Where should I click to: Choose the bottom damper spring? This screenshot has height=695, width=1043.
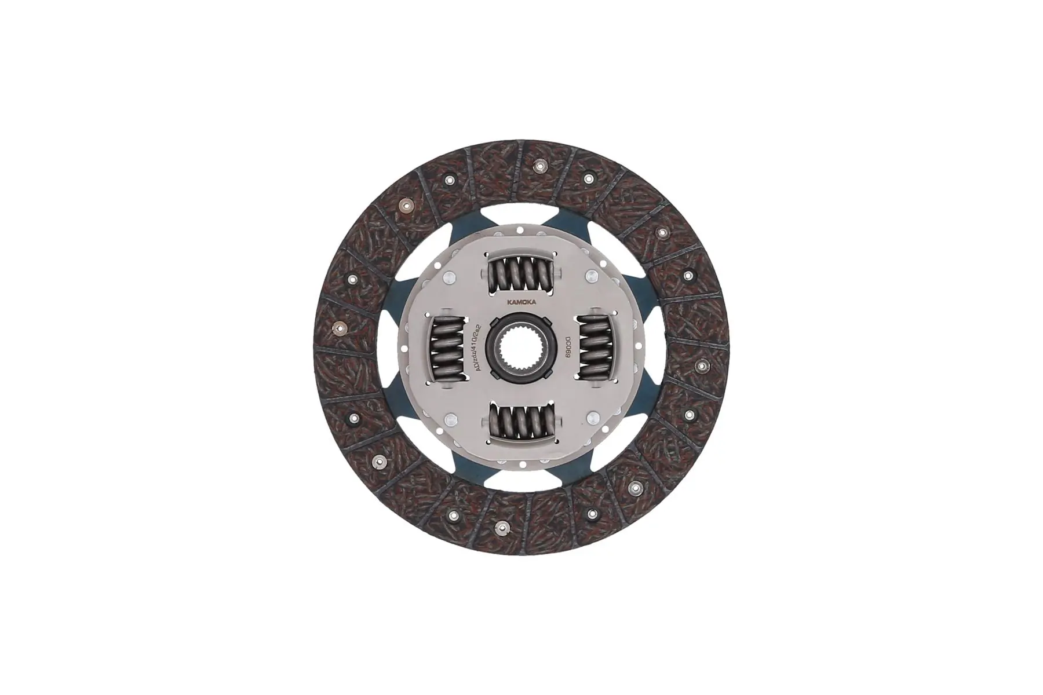point(521,427)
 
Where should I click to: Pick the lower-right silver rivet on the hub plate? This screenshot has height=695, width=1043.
point(592,418)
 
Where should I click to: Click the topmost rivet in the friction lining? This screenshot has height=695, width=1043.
point(539,166)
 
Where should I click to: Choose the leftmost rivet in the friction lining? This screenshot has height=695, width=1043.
point(337,330)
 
